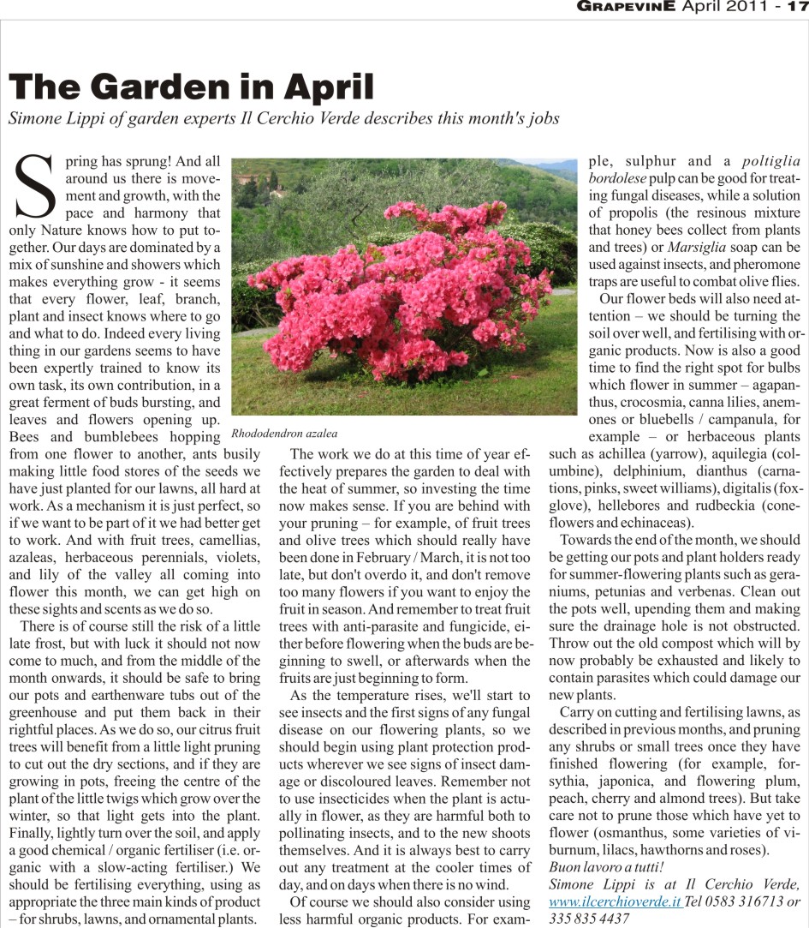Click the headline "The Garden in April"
191,87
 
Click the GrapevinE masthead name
627,8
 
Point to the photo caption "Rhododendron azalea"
284,434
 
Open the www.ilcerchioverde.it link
615,902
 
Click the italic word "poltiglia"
770,161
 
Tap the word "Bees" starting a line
27,436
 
